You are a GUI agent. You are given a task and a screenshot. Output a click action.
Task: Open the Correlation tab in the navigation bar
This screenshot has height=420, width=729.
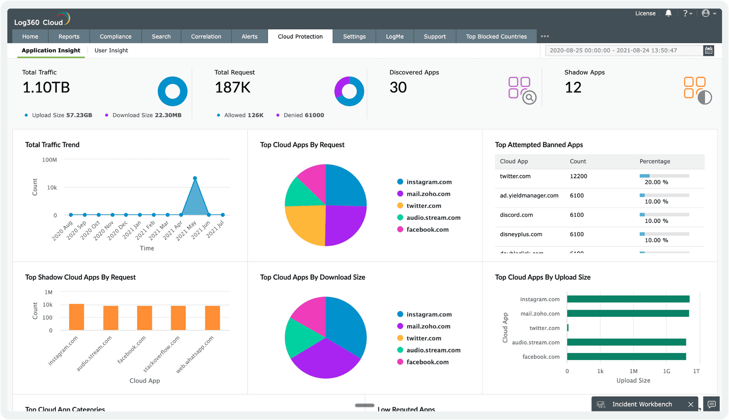click(x=206, y=36)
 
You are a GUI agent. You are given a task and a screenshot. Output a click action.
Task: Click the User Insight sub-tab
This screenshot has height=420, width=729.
click(x=111, y=51)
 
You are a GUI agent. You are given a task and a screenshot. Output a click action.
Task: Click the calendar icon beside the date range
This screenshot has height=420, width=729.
click(x=708, y=51)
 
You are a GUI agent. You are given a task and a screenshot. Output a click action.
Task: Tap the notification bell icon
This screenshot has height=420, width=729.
click(x=668, y=13)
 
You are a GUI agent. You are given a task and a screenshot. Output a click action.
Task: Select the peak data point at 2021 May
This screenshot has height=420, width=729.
click(x=195, y=178)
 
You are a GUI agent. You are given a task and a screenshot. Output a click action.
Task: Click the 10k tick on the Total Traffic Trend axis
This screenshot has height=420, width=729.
click(x=52, y=187)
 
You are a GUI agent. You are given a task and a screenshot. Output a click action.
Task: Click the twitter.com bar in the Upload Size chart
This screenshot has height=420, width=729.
click(x=568, y=328)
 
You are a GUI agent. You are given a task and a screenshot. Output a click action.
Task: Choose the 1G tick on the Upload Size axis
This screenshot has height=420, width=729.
click(x=666, y=371)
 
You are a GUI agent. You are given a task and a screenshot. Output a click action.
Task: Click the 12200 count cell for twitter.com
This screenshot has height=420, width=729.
click(x=578, y=176)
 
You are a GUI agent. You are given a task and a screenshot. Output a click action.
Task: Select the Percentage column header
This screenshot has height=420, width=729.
click(x=655, y=161)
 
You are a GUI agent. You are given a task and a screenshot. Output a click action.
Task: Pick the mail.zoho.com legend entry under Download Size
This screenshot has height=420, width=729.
click(x=428, y=326)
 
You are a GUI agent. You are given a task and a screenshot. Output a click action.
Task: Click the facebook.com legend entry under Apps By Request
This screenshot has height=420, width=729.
click(x=427, y=230)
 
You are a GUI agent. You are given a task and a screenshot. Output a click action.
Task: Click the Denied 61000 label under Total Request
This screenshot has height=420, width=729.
click(x=303, y=115)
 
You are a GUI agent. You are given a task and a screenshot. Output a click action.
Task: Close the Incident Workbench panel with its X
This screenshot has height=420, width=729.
click(x=691, y=404)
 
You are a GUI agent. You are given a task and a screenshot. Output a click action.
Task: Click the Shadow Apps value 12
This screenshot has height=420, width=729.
click(x=573, y=88)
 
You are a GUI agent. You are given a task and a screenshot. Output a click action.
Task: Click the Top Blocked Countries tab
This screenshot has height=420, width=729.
click(x=496, y=36)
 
